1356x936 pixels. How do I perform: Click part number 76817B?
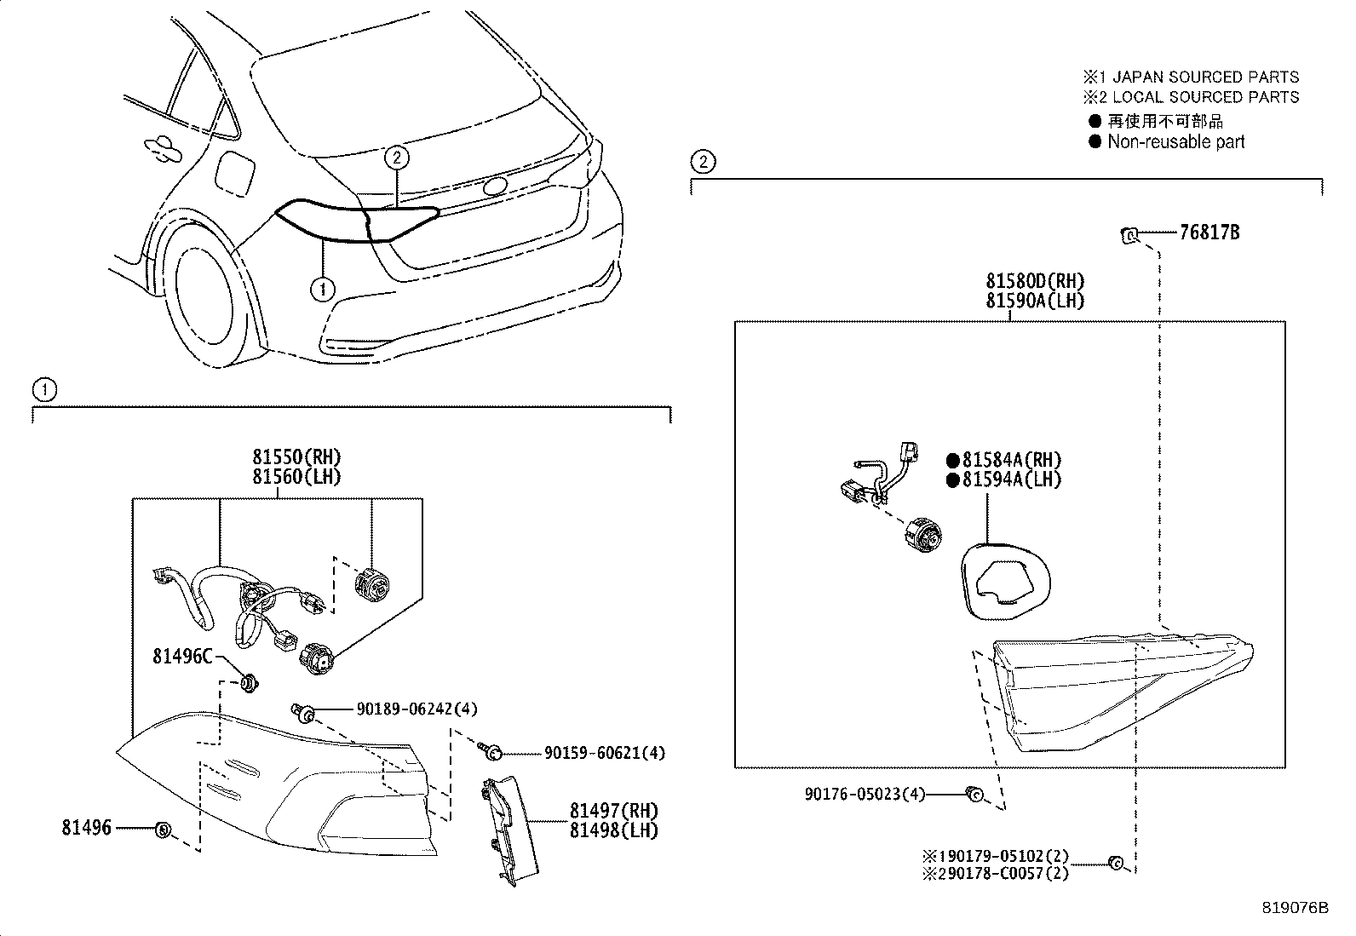pos(1209,232)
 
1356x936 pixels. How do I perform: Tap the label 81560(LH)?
pos(296,477)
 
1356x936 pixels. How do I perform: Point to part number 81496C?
pos(181,656)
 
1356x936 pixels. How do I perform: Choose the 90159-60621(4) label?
pos(605,753)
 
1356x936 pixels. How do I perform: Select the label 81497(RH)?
pos(614,811)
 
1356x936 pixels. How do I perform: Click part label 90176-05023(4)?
pos(865,794)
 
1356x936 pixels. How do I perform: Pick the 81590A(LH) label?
pos(1036,300)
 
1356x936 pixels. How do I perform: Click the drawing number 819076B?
pos(1295,908)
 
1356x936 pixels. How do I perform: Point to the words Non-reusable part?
pos(1175,142)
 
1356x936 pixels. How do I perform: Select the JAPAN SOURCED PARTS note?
pos(1205,78)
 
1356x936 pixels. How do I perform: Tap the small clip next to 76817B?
pos(1129,234)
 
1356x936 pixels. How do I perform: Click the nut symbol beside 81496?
pos(164,829)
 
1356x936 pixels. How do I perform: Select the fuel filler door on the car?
pos(233,173)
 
